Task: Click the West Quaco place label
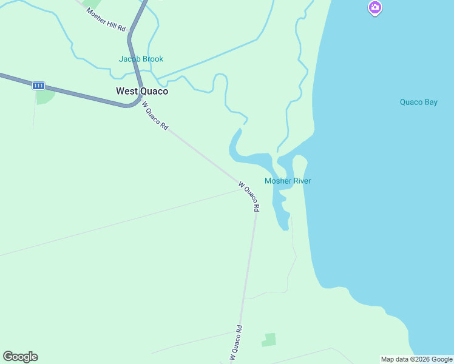(142, 91)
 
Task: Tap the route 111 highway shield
(39, 86)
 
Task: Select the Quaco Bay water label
(418, 102)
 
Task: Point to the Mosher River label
(288, 181)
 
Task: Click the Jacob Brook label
(141, 59)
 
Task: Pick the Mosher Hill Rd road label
(106, 20)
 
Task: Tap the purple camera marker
(375, 8)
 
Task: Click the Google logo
(20, 357)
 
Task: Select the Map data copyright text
(417, 359)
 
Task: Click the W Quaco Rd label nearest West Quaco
(155, 115)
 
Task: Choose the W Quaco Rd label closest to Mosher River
(249, 196)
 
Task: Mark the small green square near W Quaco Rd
(269, 340)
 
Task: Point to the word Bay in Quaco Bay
(430, 102)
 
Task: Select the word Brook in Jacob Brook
(152, 59)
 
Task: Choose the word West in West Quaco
(127, 91)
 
